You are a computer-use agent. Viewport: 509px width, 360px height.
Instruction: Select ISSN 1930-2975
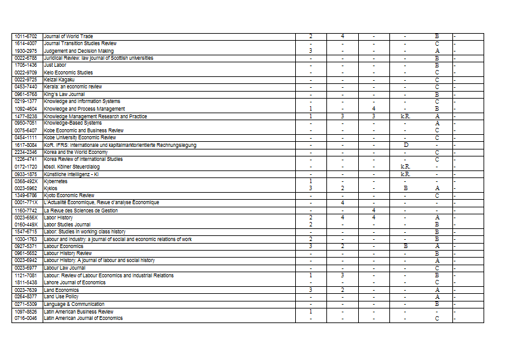pyautogui.click(x=25, y=51)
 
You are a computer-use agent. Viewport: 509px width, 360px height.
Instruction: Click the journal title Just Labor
pyautogui.click(x=55, y=65)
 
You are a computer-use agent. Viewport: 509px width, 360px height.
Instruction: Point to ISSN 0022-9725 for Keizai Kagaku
pyautogui.click(x=25, y=80)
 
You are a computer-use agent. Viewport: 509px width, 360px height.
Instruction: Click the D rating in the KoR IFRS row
pyautogui.click(x=405, y=145)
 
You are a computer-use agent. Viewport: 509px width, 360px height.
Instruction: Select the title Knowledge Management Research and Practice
pyautogui.click(x=95, y=116)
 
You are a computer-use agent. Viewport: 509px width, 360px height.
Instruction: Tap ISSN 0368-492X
pyautogui.click(x=25, y=181)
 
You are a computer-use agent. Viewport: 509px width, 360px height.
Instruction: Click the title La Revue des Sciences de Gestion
pyautogui.click(x=81, y=210)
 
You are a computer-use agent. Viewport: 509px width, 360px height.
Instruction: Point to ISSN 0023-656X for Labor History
pyautogui.click(x=25, y=218)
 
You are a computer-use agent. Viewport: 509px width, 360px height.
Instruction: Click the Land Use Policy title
pyautogui.click(x=61, y=296)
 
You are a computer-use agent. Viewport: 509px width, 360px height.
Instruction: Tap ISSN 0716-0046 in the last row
pyautogui.click(x=25, y=318)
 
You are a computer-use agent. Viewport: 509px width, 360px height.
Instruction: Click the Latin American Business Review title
pyautogui.click(x=78, y=312)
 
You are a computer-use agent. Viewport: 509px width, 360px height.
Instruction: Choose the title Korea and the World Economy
pyautogui.click(x=76, y=152)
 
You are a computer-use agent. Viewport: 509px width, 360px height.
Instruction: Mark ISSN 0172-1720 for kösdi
pyautogui.click(x=25, y=167)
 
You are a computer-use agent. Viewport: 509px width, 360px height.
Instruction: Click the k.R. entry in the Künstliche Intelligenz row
pyautogui.click(x=405, y=174)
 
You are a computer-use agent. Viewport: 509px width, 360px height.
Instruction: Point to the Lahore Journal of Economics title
pyautogui.click(x=74, y=282)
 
